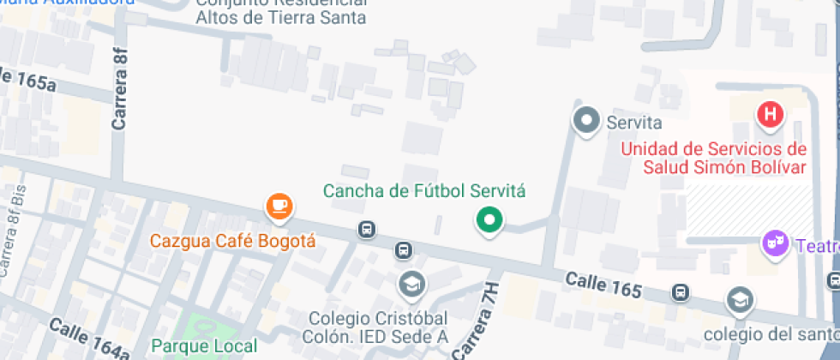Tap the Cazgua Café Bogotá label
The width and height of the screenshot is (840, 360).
pyautogui.click(x=233, y=241)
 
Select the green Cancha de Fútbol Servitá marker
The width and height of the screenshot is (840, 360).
pyautogui.click(x=489, y=220)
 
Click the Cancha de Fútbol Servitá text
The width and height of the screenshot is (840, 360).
pyautogui.click(x=423, y=191)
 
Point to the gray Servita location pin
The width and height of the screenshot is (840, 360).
pyautogui.click(x=587, y=121)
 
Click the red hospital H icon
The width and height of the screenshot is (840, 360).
pyautogui.click(x=771, y=113)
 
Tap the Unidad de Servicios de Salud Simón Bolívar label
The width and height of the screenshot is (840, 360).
pyautogui.click(x=713, y=158)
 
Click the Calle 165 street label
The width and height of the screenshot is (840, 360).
pyautogui.click(x=603, y=285)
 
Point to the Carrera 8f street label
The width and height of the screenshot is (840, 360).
pyautogui.click(x=120, y=89)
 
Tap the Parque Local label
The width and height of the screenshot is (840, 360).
pyautogui.click(x=204, y=346)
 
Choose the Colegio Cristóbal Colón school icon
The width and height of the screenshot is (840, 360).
pyautogui.click(x=412, y=283)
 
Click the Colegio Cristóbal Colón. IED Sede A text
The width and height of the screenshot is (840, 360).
pyautogui.click(x=379, y=327)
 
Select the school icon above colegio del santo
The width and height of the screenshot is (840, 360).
pyautogui.click(x=739, y=300)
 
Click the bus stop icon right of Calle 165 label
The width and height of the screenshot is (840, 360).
pyautogui.click(x=680, y=292)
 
